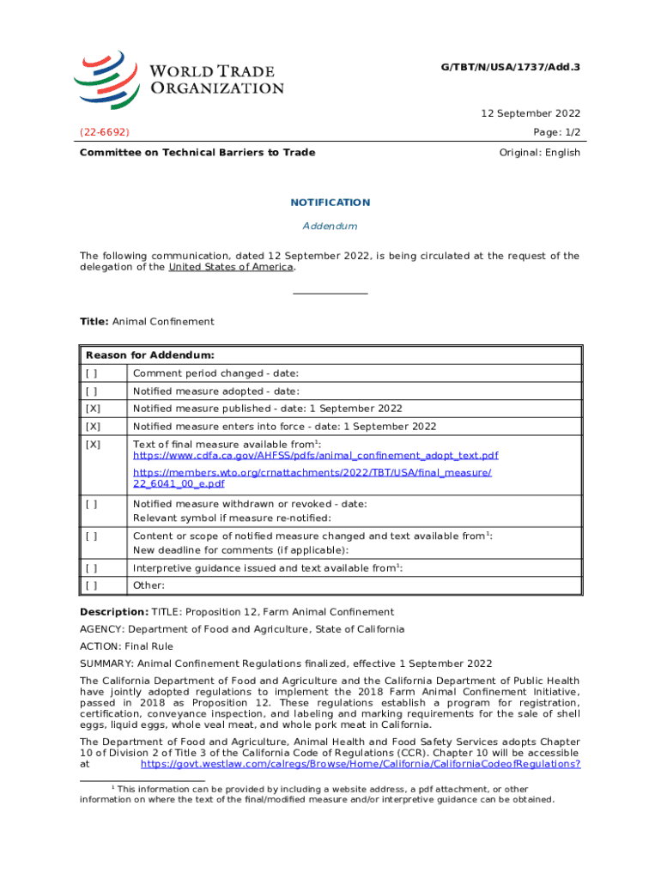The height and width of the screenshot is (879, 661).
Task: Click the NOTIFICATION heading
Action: click(x=330, y=203)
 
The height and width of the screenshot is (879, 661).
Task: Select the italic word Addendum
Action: click(x=330, y=226)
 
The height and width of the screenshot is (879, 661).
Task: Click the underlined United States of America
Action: click(x=231, y=267)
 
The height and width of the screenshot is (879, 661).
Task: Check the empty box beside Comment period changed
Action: click(x=91, y=373)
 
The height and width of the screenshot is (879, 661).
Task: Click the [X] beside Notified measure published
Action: click(x=92, y=409)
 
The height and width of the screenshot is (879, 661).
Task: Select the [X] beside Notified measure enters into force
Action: click(x=92, y=427)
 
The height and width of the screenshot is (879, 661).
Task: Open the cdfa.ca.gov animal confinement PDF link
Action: click(x=315, y=455)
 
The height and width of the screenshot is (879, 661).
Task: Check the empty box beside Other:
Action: click(x=91, y=585)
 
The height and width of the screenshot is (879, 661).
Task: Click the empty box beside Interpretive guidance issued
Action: click(x=91, y=568)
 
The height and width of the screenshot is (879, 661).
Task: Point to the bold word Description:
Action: click(x=114, y=612)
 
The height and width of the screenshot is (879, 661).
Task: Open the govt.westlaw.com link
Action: click(x=361, y=763)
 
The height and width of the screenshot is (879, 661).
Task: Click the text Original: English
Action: click(x=539, y=153)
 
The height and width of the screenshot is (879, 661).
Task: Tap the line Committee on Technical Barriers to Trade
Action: click(x=197, y=153)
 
